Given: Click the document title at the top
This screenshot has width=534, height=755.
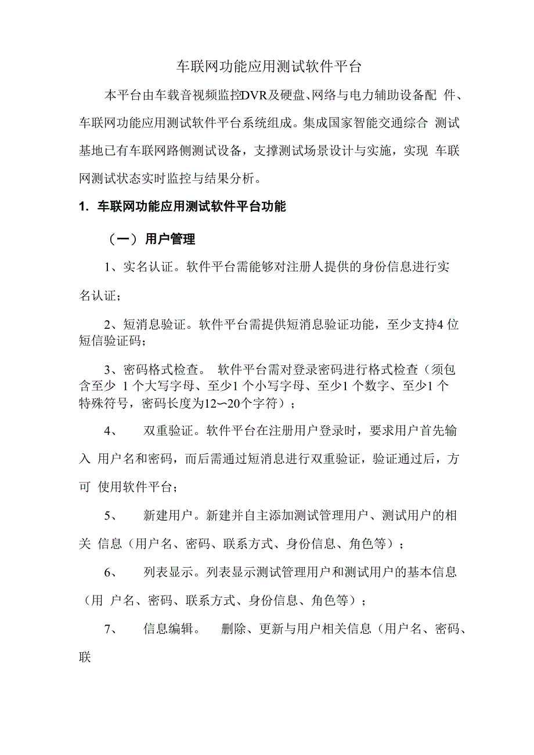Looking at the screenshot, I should click(268, 67).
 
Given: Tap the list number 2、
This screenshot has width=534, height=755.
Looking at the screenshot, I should click(113, 325).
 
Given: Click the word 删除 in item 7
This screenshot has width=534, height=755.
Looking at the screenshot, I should click(234, 629).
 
